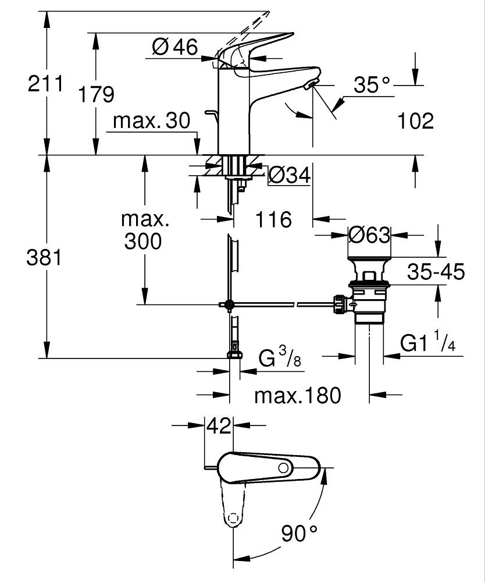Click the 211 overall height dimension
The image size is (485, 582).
pos(46,84)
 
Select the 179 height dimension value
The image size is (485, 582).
pos(97,94)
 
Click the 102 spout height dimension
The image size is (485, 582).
pos(416,121)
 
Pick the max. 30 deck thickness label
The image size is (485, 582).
pos(152,121)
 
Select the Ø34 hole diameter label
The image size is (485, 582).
pos(289,174)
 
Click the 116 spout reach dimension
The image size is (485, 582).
pos(273,219)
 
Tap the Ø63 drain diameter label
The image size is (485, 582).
pos(369,235)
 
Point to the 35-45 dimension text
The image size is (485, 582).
pos(436,272)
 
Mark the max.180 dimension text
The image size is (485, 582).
pos(297,396)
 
